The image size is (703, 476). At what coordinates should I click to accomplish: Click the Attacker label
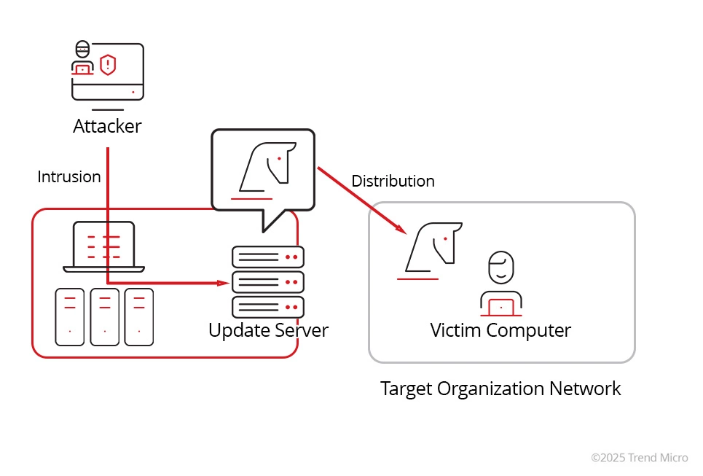click(107, 126)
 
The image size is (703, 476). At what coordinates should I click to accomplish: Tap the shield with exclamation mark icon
click(108, 65)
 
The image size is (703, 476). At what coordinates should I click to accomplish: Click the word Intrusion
click(68, 176)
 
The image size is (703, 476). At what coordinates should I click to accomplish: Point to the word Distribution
click(393, 181)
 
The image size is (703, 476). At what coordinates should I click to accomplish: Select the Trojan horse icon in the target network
click(431, 248)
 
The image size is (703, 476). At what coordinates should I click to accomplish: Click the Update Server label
click(268, 330)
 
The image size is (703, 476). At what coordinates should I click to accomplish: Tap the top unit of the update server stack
click(267, 257)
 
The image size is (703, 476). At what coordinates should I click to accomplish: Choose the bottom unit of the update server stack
click(267, 306)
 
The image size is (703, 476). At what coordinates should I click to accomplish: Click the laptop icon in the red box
click(103, 246)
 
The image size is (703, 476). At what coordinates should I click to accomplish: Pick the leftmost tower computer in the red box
click(70, 316)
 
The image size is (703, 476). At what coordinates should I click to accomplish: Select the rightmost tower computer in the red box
click(138, 316)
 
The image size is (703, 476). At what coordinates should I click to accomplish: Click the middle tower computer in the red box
click(104, 316)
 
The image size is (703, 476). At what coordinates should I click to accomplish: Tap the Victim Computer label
click(500, 330)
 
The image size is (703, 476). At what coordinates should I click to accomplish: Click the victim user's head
click(500, 267)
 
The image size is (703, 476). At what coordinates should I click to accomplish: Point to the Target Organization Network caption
click(500, 389)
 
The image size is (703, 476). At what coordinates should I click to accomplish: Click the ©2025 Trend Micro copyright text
click(639, 458)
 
